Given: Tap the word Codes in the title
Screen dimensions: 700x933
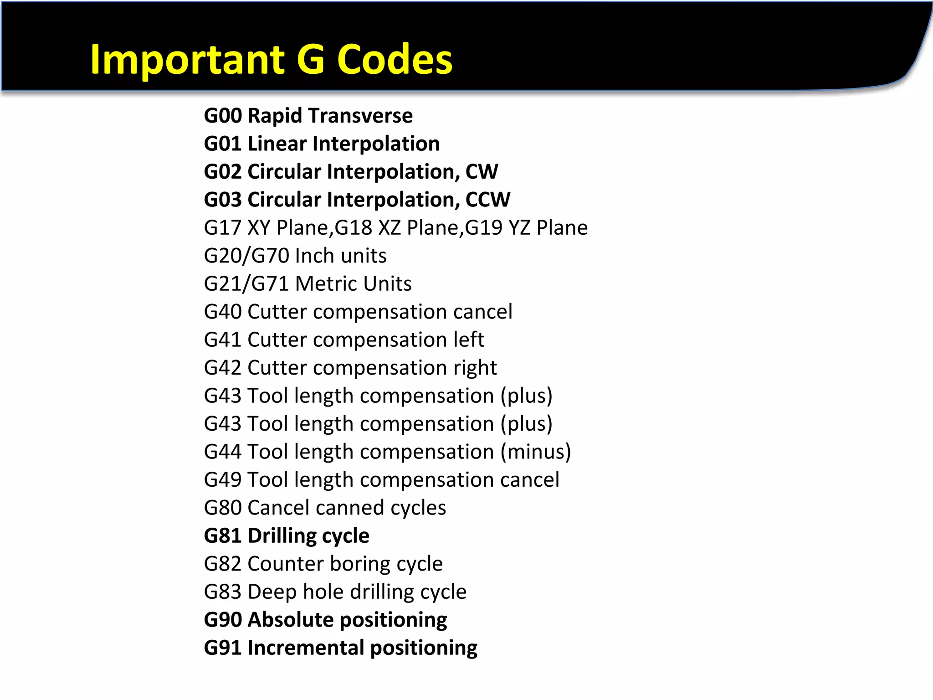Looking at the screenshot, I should (395, 60).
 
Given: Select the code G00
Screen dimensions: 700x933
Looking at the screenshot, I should (223, 116).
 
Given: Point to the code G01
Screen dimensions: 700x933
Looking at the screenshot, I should (223, 144).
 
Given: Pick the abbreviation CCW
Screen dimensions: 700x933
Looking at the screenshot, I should (488, 200).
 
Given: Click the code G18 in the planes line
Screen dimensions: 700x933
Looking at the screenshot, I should (354, 228).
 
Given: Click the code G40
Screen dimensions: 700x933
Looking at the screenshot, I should (223, 312).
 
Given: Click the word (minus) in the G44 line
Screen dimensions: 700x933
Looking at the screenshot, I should (536, 452).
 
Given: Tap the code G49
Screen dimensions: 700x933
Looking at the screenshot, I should (223, 480).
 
